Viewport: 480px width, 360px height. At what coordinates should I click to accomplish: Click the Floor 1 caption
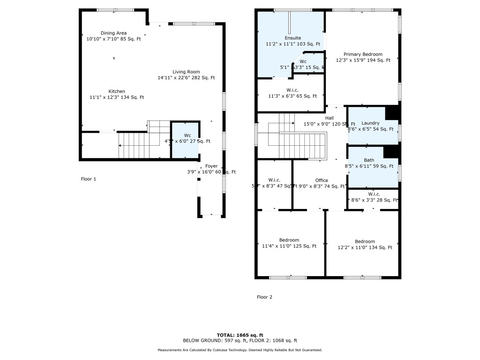coord(88,179)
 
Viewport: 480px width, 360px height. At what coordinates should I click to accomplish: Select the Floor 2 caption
coord(264,297)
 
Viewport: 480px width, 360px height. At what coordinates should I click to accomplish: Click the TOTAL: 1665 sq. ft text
coord(240,335)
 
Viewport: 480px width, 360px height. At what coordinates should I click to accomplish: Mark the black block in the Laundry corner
coord(391,113)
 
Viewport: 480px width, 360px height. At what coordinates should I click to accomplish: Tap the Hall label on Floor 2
coord(330,118)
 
